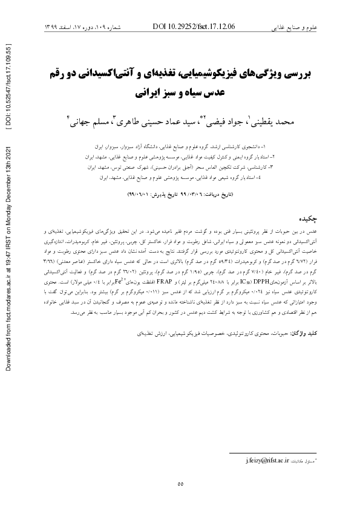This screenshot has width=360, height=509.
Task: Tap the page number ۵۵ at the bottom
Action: click(x=180, y=483)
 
